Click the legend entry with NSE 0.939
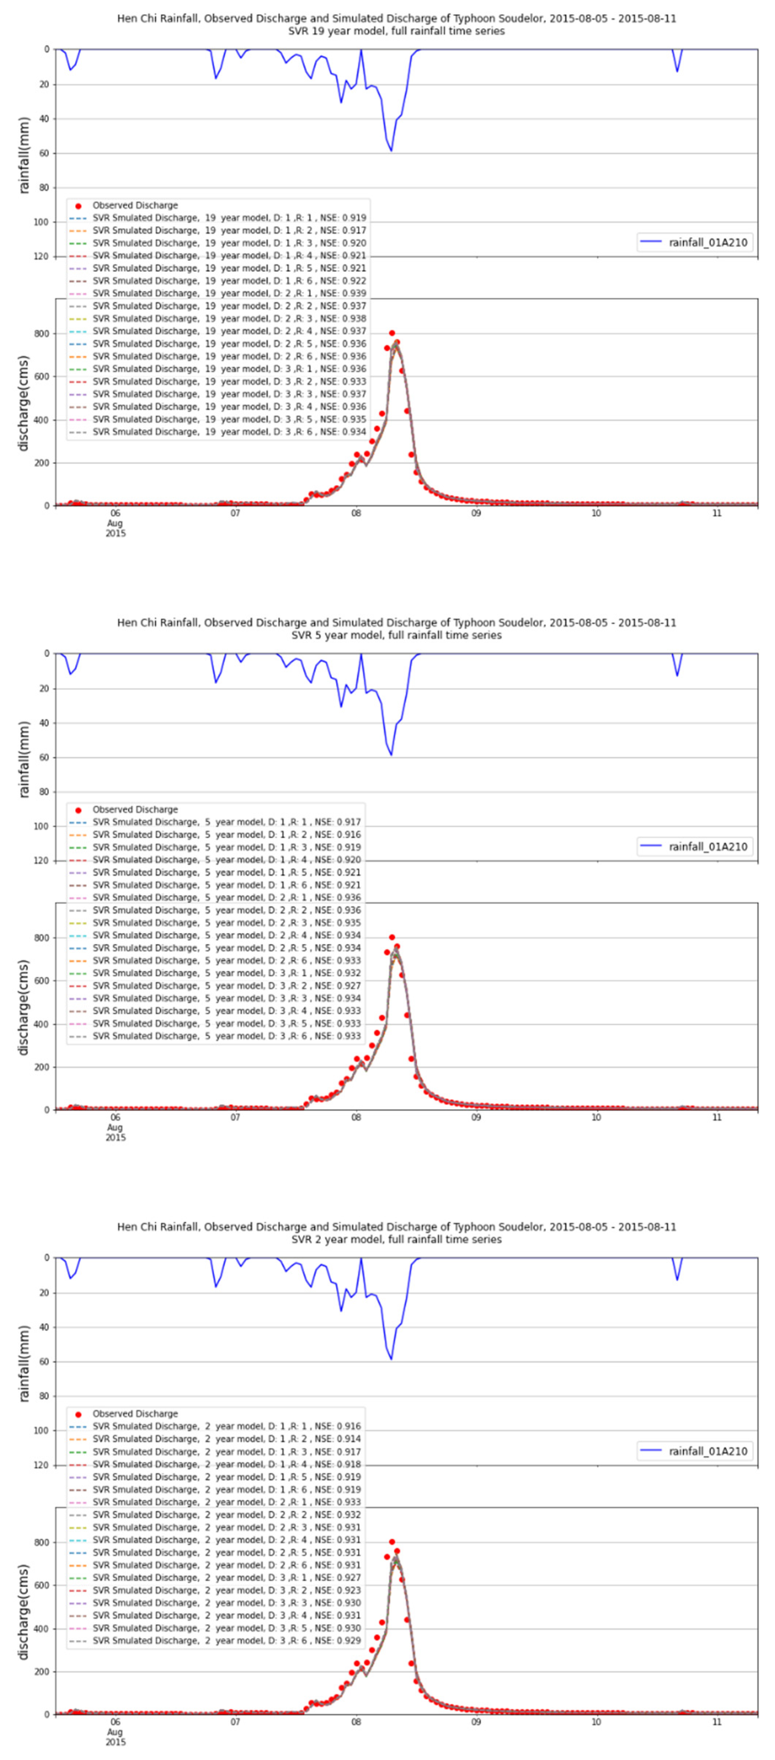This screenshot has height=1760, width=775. coord(217,293)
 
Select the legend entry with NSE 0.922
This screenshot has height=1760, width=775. coord(217,281)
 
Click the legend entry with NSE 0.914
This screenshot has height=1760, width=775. coord(214,1439)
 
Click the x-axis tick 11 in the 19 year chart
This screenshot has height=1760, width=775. coord(716,513)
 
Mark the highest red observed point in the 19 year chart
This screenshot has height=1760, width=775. coord(392,333)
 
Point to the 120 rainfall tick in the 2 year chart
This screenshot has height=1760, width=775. coord(42,1465)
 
